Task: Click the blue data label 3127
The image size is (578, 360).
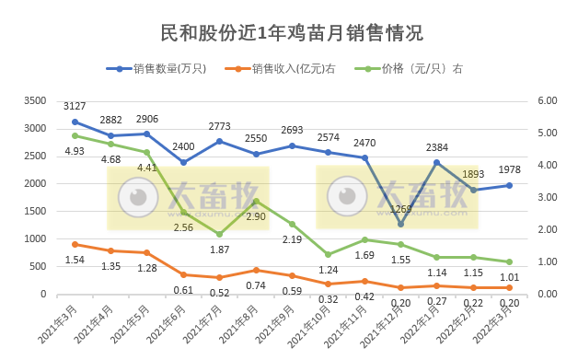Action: click(75, 106)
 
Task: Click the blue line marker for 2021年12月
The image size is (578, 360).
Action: click(401, 224)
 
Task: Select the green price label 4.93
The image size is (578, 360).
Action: click(75, 151)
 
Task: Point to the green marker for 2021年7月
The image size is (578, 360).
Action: click(219, 234)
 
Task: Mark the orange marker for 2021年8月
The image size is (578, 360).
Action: click(256, 270)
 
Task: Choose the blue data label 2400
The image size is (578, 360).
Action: click(183, 146)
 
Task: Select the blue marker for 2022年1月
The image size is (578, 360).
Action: click(437, 163)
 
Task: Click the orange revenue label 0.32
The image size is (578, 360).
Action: click(328, 298)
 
